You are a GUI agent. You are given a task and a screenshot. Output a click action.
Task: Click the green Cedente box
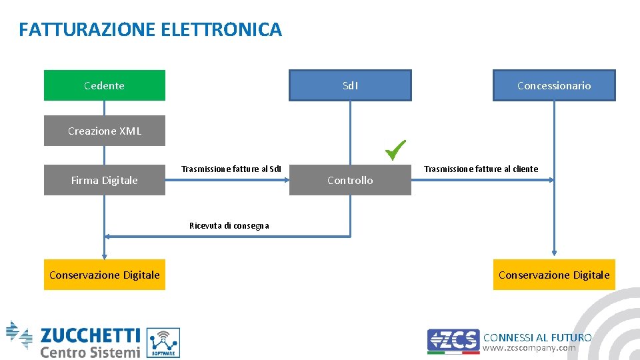(x=104, y=85)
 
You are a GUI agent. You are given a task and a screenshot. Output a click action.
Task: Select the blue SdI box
(x=350, y=85)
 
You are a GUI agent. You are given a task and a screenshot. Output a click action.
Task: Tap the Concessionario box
(x=554, y=85)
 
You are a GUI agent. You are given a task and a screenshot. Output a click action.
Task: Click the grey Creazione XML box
(x=104, y=131)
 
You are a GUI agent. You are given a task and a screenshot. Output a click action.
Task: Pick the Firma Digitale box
(x=104, y=180)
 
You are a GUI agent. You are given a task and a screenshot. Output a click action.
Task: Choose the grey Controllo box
(x=350, y=180)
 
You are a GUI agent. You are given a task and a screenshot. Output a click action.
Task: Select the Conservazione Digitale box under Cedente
(x=104, y=275)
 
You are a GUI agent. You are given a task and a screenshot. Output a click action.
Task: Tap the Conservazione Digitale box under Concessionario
(x=554, y=275)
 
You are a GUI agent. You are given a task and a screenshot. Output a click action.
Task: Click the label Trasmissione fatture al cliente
(x=481, y=169)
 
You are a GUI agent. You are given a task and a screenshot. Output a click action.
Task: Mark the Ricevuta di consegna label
(x=229, y=226)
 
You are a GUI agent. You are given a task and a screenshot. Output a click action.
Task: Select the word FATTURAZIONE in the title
(x=88, y=30)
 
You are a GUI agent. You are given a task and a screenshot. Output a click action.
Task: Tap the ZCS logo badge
(x=453, y=340)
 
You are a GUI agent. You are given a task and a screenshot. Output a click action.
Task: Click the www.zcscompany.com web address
(x=529, y=348)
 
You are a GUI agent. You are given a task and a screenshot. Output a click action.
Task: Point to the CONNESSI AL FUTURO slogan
(x=537, y=337)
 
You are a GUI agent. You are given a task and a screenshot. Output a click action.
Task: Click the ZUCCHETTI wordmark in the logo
(x=90, y=335)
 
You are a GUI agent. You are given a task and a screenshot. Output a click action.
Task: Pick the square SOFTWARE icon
(x=163, y=343)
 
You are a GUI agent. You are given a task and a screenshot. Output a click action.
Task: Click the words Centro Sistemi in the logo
(x=90, y=352)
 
